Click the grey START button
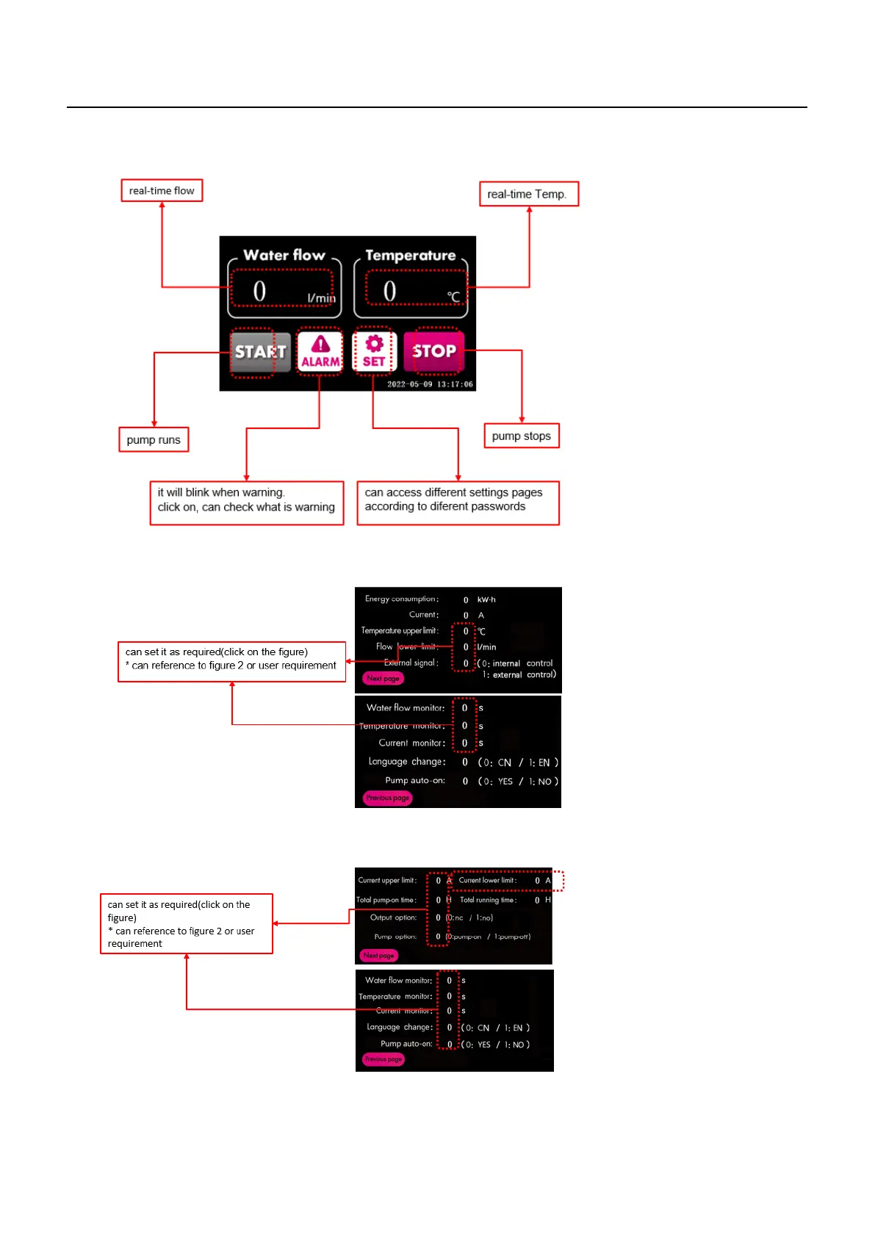pos(260,353)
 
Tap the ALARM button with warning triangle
pos(320,352)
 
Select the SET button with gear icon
pos(374,352)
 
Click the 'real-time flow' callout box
pos(162,191)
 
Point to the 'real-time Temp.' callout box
pos(528,195)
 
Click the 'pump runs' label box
pos(154,440)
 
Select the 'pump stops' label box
pos(521,436)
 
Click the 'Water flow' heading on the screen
pos(284,256)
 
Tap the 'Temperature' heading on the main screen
pos(411,256)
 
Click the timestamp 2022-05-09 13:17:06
pos(430,384)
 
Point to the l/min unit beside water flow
pos(321,298)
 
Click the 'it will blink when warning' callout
pos(246,500)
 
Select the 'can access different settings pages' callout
pos(457,500)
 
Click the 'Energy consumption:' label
pos(402,599)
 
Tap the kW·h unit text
pos(486,600)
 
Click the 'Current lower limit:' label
pos(488,880)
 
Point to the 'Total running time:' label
pos(489,900)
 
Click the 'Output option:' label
pos(393,917)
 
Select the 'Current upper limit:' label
pos(387,880)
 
